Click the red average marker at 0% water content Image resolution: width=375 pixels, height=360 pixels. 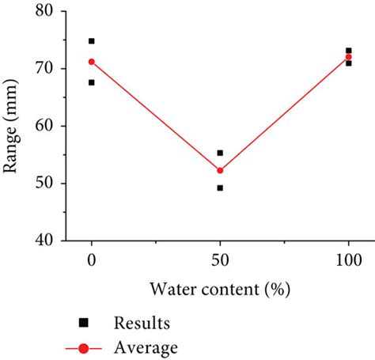point(92,62)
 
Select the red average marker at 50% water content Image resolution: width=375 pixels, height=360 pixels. point(220,170)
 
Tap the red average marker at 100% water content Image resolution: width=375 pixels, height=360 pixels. point(348,57)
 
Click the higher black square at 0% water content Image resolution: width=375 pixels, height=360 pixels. point(92,41)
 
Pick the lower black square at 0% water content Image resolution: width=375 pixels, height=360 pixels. point(92,82)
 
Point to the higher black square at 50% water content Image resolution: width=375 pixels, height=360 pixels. point(220,153)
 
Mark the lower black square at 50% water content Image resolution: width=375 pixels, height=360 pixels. point(220,188)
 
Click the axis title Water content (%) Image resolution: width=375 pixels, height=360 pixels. point(220,289)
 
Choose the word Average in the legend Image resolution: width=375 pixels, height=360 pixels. point(146,347)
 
